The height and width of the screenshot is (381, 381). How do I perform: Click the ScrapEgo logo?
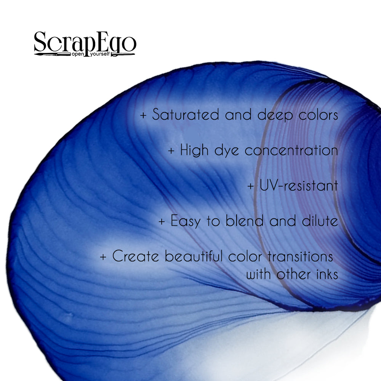tap(85, 44)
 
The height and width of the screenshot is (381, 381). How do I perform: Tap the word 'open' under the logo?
tap(78, 54)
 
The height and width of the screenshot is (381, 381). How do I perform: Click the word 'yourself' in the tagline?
tap(100, 54)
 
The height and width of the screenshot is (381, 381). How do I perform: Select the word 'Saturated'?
tap(186, 114)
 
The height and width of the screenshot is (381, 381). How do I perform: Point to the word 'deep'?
tap(275, 115)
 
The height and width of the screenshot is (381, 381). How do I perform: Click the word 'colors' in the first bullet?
tap(318, 115)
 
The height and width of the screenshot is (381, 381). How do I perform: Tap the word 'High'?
tap(194, 150)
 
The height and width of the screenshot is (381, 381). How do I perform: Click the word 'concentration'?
tap(291, 150)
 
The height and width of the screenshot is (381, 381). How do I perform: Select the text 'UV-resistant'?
tap(299, 186)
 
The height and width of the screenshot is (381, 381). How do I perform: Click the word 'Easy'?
tap(186, 221)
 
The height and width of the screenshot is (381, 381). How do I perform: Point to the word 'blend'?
tap(245, 221)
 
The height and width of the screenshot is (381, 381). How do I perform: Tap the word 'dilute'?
tap(320, 221)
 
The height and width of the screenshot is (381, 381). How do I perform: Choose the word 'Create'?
tap(136, 256)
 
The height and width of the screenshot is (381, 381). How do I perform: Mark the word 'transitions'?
tap(300, 256)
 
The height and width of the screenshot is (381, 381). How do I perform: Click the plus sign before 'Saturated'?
tap(143, 115)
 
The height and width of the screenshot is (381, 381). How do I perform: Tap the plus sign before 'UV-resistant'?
tap(251, 186)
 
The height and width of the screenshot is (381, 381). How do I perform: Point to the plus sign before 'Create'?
tap(103, 257)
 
